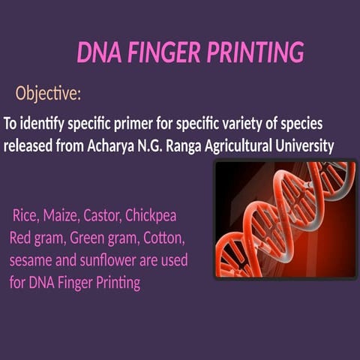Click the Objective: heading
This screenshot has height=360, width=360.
(x=48, y=94)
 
